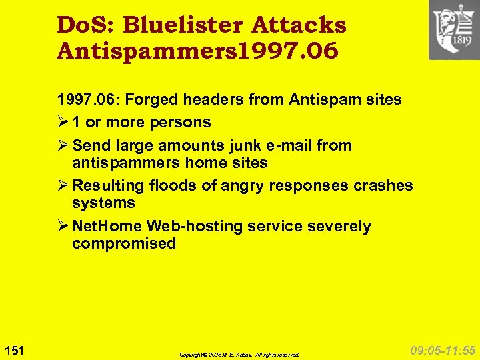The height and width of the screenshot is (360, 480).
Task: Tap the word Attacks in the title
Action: pos(299,25)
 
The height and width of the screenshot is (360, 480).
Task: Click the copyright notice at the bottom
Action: pos(239,355)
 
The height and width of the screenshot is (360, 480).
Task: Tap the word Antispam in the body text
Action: pos(318,100)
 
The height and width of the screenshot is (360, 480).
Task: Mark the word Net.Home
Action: pos(107,227)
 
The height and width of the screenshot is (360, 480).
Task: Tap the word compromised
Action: pos(124,243)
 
